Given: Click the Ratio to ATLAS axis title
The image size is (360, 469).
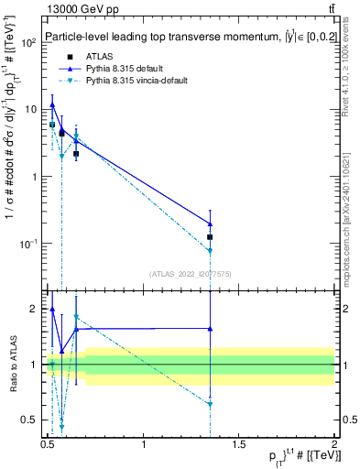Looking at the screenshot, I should tap(13, 365).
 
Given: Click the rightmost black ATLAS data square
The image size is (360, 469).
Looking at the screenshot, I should tap(211, 237).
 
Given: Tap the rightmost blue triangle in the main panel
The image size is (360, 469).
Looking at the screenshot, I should tap(211, 224).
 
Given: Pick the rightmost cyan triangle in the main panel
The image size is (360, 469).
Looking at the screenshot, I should tap(211, 251).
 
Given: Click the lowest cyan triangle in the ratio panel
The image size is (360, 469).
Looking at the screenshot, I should tap(61, 427).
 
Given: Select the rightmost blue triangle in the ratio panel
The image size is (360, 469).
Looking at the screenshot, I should tap(211, 328).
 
